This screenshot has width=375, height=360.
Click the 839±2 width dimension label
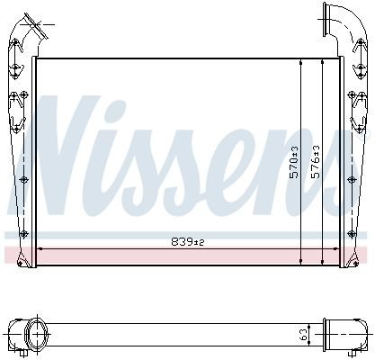(188, 241)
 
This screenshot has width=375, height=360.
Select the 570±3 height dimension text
(294, 162)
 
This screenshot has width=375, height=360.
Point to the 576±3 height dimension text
(316, 162)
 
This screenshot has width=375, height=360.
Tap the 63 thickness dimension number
(304, 335)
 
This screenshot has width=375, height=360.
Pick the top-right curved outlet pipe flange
(325, 20)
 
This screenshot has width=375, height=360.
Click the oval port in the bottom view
(36, 334)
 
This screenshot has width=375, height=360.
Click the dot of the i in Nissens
(116, 107)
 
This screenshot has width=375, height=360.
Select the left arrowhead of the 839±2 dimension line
(39, 248)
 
